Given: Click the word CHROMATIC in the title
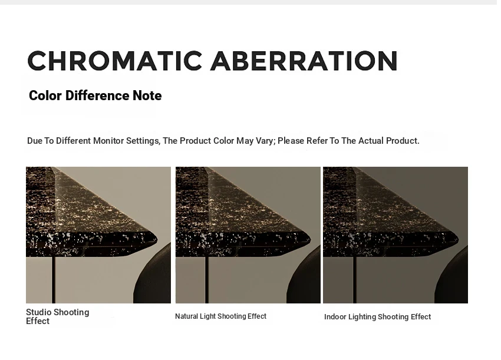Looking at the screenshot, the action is (115, 61).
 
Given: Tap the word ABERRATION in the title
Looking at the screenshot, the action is (304, 61).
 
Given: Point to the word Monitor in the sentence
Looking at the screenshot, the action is (108, 141).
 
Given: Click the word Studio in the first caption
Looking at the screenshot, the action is (38, 312).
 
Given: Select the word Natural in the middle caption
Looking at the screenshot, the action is (186, 316).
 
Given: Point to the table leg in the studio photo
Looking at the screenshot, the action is (54, 280).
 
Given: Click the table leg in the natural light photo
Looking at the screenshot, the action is (207, 280).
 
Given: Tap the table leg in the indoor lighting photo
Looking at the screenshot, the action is (355, 280).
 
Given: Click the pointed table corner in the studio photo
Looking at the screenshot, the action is (157, 240).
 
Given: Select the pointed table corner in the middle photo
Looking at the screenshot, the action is (311, 240).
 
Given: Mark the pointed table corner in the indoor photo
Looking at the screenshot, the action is (458, 240).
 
